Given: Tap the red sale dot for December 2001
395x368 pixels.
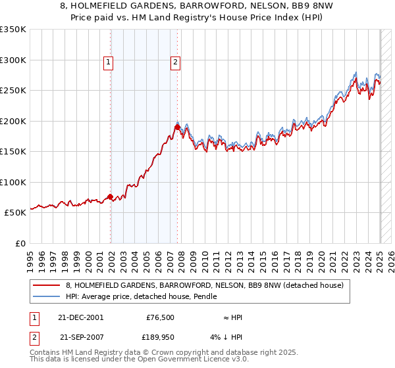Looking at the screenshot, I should point(110,196).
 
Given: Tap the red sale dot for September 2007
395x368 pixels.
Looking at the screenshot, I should point(177,127).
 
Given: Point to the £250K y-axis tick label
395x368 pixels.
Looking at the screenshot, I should point(13,91).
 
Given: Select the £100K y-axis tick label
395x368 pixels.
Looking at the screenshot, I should point(13,182).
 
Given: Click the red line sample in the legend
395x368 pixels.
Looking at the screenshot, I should point(46,285).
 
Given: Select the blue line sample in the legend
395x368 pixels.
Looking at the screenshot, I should point(46,296).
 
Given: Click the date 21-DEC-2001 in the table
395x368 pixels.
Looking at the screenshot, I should point(82,317).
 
